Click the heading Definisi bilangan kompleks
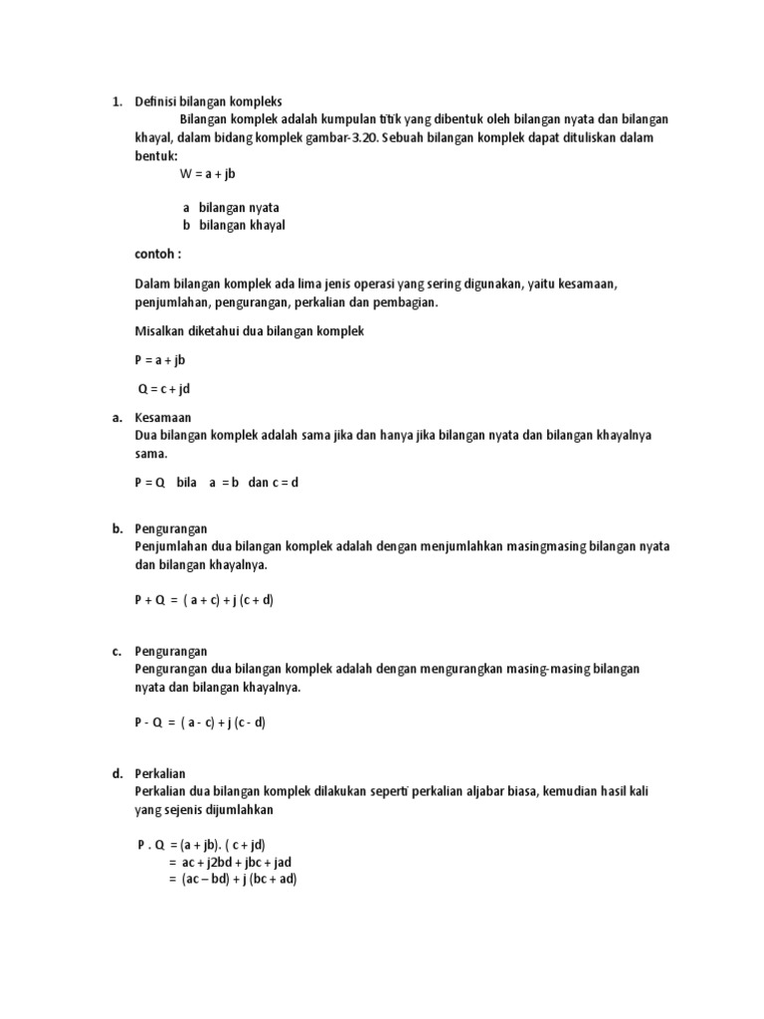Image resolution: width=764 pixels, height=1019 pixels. click(x=209, y=102)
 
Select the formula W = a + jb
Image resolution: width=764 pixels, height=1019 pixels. click(x=207, y=173)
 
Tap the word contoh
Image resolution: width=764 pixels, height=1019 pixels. click(x=158, y=254)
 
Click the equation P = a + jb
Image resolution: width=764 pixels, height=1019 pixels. click(x=160, y=360)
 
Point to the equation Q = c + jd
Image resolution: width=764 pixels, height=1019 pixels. click(x=162, y=389)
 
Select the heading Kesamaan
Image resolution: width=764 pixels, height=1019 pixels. click(x=163, y=418)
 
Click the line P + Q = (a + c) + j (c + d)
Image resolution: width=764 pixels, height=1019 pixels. click(x=204, y=601)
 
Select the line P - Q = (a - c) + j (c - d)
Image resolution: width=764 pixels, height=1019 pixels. click(x=200, y=723)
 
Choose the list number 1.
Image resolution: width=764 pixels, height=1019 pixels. click(x=116, y=102)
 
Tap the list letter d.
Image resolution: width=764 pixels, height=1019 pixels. click(x=116, y=773)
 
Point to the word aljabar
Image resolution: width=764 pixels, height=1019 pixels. click(x=459, y=791)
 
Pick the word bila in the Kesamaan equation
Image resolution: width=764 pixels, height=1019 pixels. click(x=186, y=483)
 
